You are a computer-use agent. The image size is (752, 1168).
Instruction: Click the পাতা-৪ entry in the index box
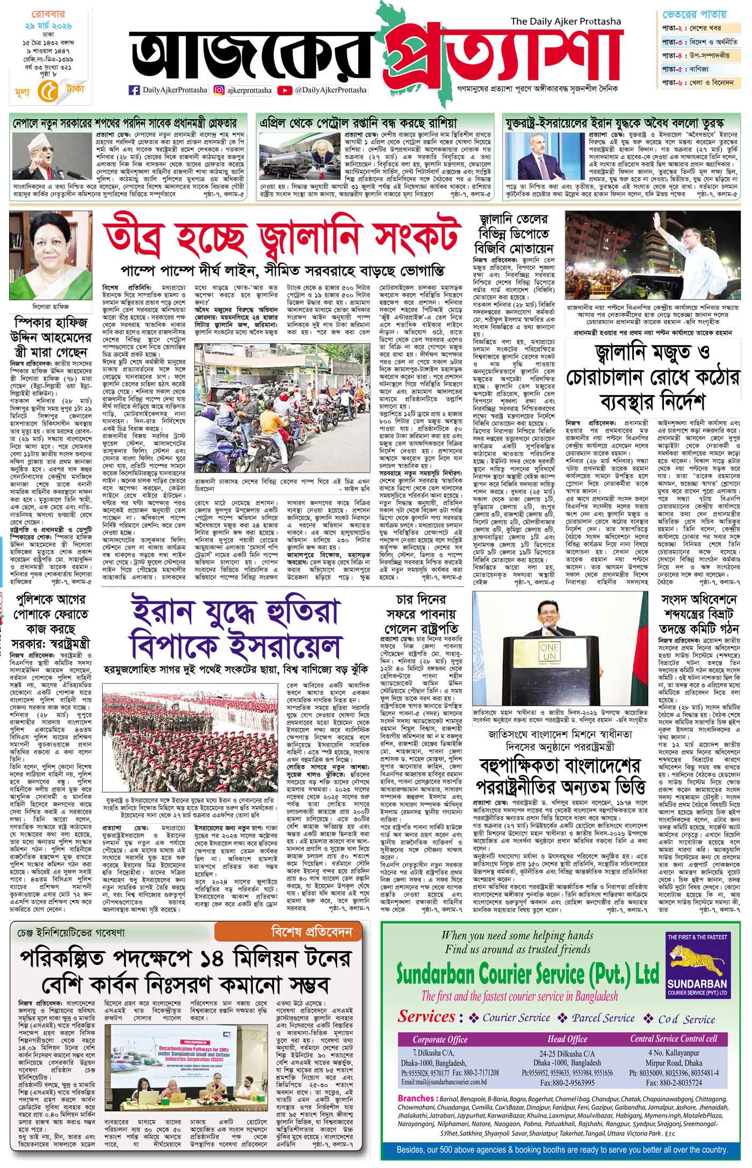pyautogui.click(x=699, y=55)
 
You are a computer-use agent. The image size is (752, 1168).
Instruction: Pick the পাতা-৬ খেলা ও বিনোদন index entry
pyautogui.click(x=699, y=83)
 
